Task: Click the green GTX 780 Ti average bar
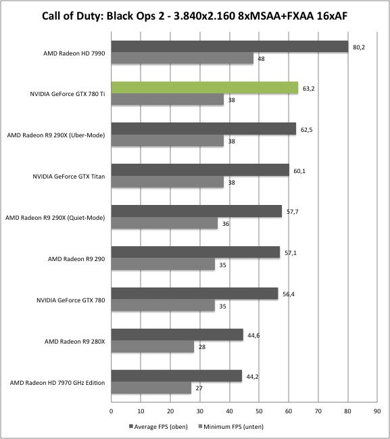point(205,88)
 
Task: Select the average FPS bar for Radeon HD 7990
point(230,47)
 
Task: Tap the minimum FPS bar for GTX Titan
point(168,182)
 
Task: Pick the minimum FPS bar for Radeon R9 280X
point(153,346)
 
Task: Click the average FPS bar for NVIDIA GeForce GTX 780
point(195,294)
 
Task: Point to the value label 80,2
point(359,47)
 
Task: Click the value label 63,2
point(309,89)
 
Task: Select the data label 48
point(261,59)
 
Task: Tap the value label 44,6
point(253,336)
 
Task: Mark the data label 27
point(199,388)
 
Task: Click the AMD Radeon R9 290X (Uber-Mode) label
point(56,135)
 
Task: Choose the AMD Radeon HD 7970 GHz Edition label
point(57,383)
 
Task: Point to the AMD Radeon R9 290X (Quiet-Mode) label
point(55,218)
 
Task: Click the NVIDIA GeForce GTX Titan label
point(69,177)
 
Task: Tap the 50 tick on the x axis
point(259,411)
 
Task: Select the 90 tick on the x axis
point(377,411)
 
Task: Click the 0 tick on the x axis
point(112,411)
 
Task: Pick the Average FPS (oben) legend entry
point(158,427)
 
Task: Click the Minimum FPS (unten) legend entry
point(230,427)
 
